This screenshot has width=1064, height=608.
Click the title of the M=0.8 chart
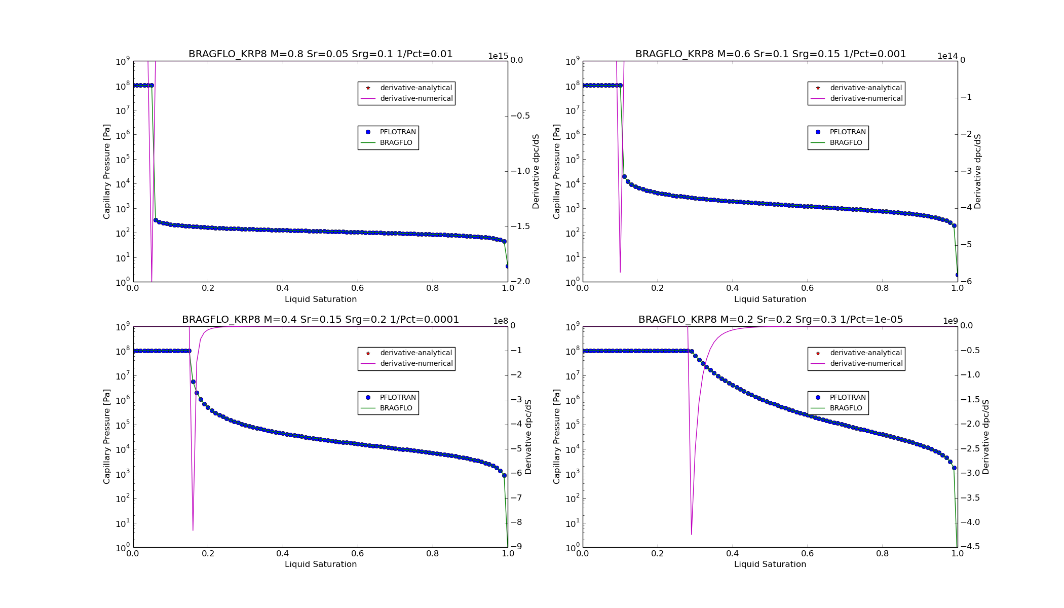tap(320, 54)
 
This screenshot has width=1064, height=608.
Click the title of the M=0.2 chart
tap(770, 320)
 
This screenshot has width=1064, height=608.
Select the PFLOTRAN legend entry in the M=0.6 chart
tap(850, 132)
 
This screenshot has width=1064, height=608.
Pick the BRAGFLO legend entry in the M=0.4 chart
tap(396, 408)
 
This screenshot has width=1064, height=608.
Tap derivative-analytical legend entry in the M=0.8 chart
tap(415, 88)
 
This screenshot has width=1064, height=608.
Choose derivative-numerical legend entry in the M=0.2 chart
tap(866, 363)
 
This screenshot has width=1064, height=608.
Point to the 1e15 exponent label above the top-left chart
tap(498, 56)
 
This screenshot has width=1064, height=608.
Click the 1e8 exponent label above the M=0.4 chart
tap(500, 321)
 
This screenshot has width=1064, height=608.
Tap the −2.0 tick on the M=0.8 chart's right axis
tap(520, 282)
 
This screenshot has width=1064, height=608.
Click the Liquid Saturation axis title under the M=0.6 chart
tap(770, 299)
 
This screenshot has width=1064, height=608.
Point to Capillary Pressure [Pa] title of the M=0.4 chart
tap(107, 436)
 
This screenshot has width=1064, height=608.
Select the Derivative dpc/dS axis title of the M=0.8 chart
tap(536, 171)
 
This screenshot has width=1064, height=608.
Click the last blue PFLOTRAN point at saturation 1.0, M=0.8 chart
tap(507, 266)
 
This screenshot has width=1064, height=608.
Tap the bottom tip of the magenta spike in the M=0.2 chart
tap(691, 534)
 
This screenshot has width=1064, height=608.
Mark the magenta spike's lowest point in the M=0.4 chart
tap(193, 530)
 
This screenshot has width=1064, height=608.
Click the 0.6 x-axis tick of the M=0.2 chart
tap(807, 554)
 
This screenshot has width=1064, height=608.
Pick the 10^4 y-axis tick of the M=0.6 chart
tap(572, 184)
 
